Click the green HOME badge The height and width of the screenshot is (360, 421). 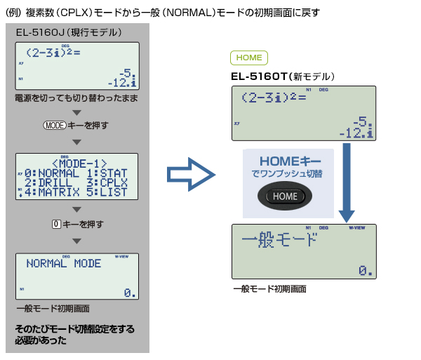pyautogui.click(x=249, y=58)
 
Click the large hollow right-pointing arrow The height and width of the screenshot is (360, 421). pyautogui.click(x=191, y=175)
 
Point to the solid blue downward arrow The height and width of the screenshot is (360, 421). pyautogui.click(x=347, y=182)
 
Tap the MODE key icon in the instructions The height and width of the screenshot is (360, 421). pyautogui.click(x=55, y=126)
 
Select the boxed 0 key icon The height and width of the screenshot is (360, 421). pyautogui.click(x=56, y=224)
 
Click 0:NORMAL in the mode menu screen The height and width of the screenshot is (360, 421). pyautogui.click(x=52, y=173)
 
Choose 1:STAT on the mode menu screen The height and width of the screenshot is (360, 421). pyautogui.click(x=107, y=173)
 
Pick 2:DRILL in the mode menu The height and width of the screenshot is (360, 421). pyautogui.click(x=48, y=183)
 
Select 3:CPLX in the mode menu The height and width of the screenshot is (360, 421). pyautogui.click(x=107, y=183)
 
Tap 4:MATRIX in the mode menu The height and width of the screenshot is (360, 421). pyautogui.click(x=52, y=192)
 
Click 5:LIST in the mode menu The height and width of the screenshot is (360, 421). pyautogui.click(x=107, y=192)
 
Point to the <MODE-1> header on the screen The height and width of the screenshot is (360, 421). pyautogui.click(x=79, y=164)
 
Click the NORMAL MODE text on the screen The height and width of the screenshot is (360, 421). pyautogui.click(x=64, y=263)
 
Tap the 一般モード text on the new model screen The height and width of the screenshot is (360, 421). pyautogui.click(x=279, y=240)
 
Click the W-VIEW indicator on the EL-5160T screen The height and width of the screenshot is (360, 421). pyautogui.click(x=357, y=227)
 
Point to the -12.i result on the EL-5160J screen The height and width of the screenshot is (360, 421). pyautogui.click(x=122, y=83)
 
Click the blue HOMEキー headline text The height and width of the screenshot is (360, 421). pyautogui.click(x=290, y=161)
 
